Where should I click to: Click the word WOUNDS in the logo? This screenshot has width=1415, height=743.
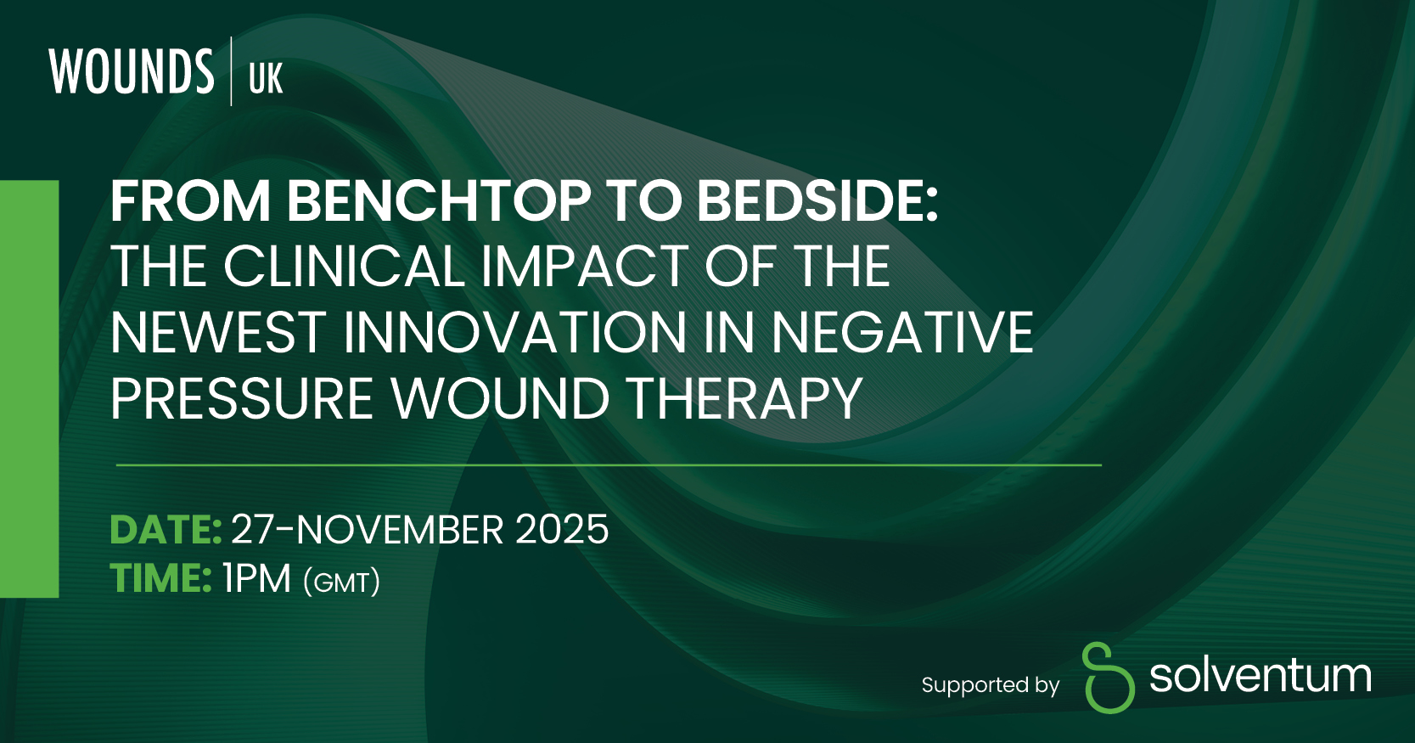132,71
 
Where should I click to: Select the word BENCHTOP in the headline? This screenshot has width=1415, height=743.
439,201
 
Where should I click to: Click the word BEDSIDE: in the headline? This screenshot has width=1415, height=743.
818,201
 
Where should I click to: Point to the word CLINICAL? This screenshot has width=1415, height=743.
344,267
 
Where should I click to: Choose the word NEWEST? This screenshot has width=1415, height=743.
218,333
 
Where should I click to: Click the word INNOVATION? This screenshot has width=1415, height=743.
515,333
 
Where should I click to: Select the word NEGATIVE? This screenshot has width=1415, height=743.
902,333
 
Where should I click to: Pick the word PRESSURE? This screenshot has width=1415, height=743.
242,398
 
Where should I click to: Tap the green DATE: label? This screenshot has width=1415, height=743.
166,530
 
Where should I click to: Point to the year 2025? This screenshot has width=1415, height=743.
562,530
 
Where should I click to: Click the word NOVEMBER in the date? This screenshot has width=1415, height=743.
399,530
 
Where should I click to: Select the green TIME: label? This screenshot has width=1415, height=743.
160,578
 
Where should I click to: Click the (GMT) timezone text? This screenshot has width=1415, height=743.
342,582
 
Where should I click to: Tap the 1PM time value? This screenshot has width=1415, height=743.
256,578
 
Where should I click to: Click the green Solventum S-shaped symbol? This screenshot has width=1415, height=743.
1109,678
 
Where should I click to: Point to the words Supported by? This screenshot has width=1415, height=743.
991,685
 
